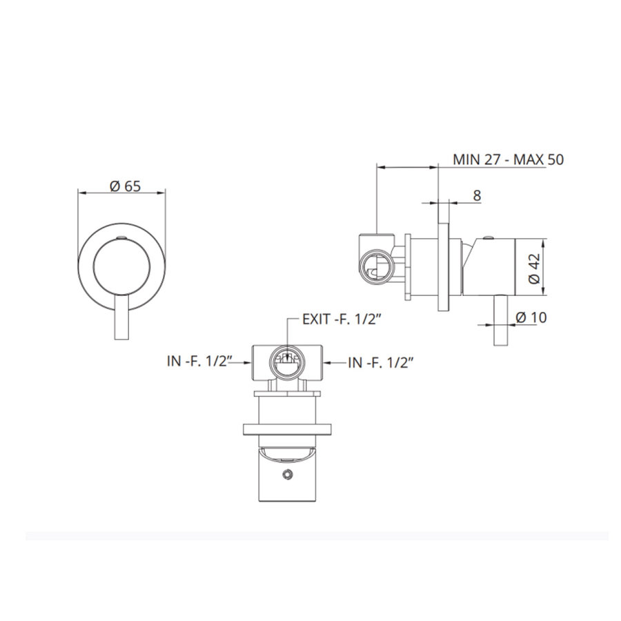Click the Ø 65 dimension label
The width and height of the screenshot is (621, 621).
click(x=122, y=185)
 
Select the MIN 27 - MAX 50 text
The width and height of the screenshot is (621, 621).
click(x=509, y=159)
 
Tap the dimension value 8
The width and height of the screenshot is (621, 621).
click(x=476, y=195)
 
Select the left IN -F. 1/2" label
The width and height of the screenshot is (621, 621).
click(x=199, y=360)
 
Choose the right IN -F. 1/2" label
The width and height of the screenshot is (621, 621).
click(x=381, y=360)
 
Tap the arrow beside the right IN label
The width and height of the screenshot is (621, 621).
click(x=335, y=360)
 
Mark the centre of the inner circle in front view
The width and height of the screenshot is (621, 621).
click(x=122, y=265)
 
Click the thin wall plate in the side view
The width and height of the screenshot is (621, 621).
click(x=443, y=266)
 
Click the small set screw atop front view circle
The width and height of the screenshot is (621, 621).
click(x=122, y=238)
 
